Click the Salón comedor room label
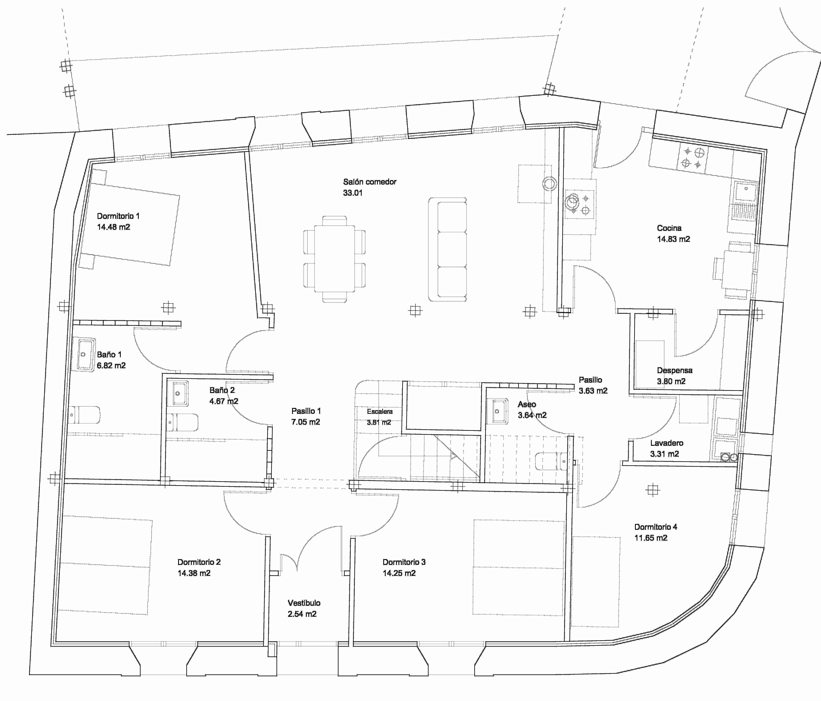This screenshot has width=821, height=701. pyautogui.click(x=369, y=182)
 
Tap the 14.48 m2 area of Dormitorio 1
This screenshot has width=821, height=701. pyautogui.click(x=113, y=227)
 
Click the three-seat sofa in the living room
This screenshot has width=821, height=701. pyautogui.click(x=447, y=250)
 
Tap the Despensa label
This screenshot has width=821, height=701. pyautogui.click(x=674, y=370)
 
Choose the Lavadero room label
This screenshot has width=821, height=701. pyautogui.click(x=666, y=443)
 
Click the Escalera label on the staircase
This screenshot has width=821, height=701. pyautogui.click(x=379, y=411)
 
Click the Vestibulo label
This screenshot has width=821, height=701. pyautogui.click(x=304, y=603)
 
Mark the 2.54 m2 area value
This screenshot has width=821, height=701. pyautogui.click(x=302, y=614)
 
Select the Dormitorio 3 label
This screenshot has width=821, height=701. pyautogui.click(x=404, y=562)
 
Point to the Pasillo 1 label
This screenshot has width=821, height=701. pyautogui.click(x=306, y=411)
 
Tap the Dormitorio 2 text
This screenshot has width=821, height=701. pyautogui.click(x=199, y=562)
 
